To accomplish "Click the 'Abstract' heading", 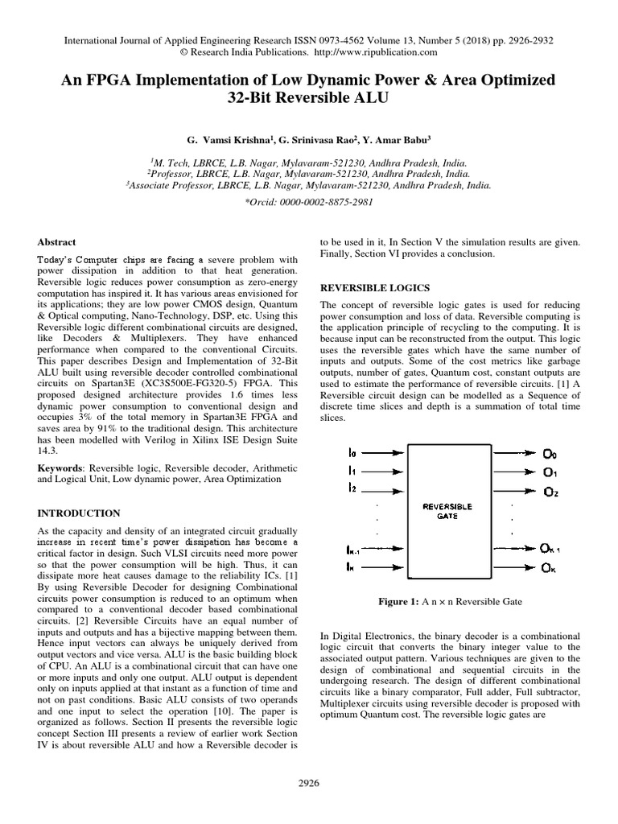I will pyautogui.click(x=57, y=241).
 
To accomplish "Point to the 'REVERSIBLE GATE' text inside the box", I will pyautogui.click(x=447, y=512).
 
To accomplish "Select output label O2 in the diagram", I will pyautogui.click(x=550, y=492).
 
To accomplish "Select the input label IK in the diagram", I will pyautogui.click(x=350, y=568).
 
